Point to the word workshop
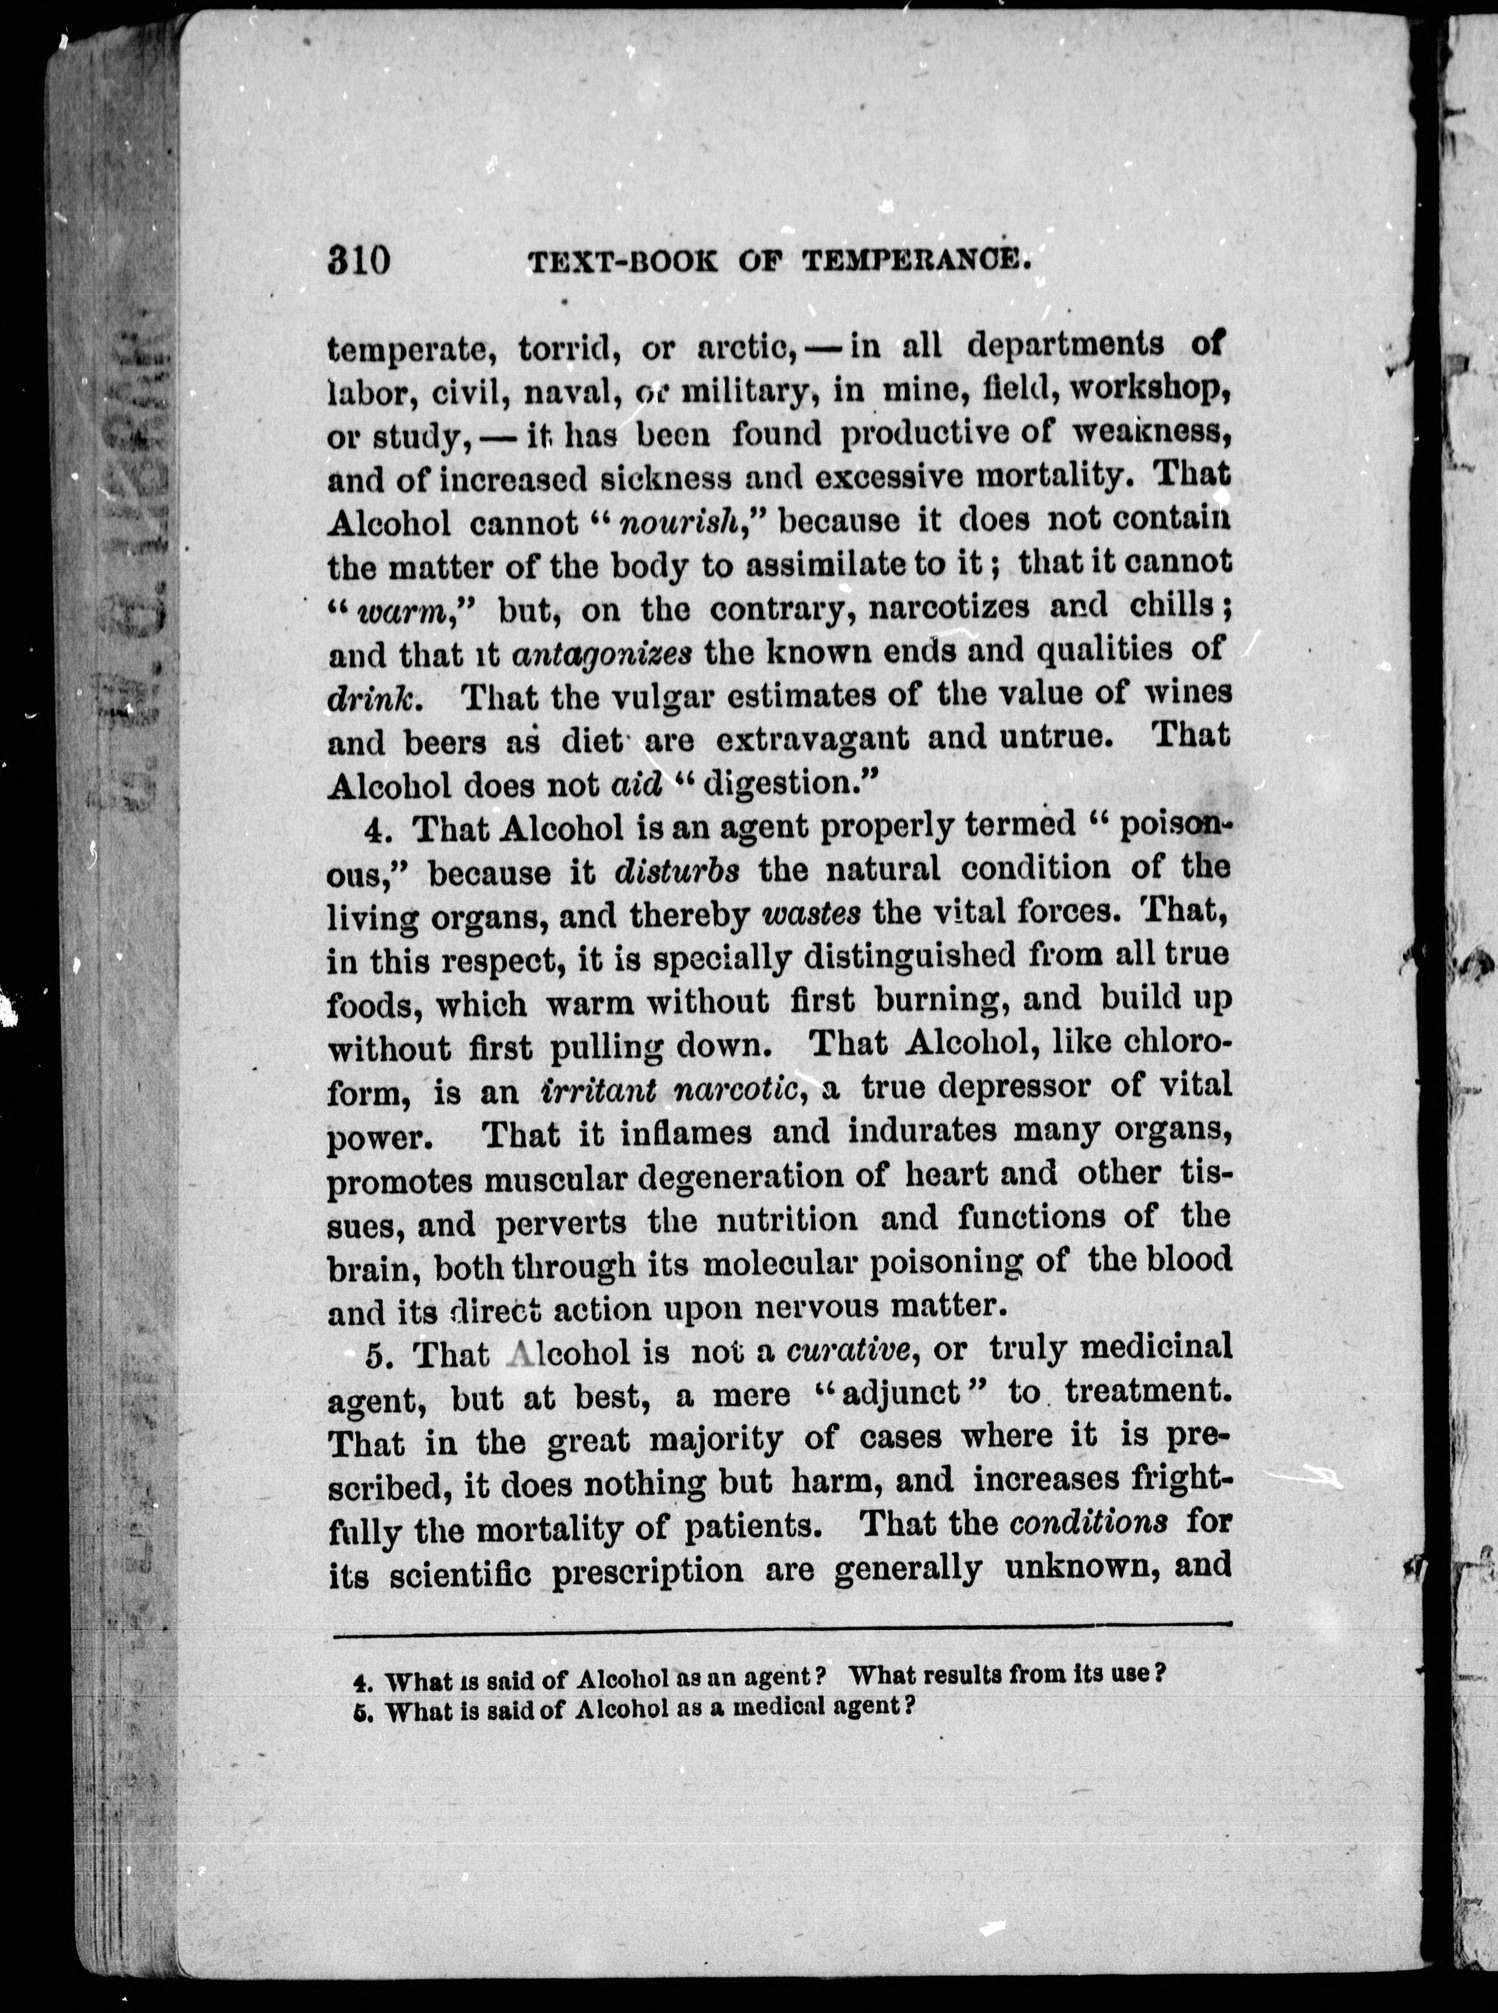click(1135, 390)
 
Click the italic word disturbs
click(677, 870)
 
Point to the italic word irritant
click(598, 1088)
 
